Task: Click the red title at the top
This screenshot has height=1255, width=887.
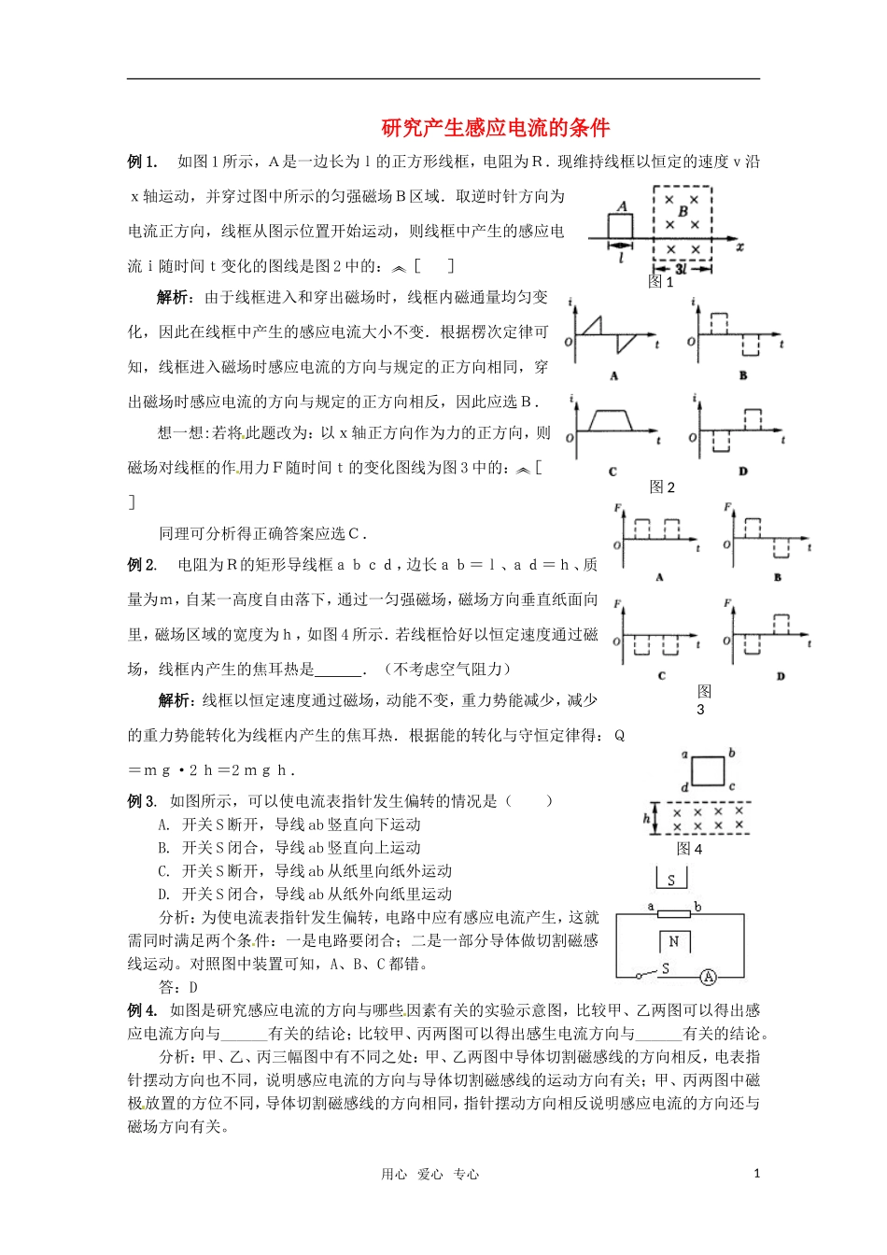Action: (x=495, y=128)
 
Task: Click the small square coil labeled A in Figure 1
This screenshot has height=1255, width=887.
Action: (x=620, y=227)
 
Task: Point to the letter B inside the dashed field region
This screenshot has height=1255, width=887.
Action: (x=683, y=212)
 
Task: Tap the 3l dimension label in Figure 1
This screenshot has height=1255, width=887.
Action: (x=681, y=268)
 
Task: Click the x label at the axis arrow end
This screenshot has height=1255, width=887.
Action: (x=739, y=247)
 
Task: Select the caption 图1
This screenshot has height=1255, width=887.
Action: (x=661, y=282)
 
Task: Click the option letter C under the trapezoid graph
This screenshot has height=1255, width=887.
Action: (x=612, y=472)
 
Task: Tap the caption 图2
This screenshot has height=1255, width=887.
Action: (x=662, y=486)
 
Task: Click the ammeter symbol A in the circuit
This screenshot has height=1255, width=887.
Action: (x=708, y=977)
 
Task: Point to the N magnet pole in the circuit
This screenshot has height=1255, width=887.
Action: (x=674, y=941)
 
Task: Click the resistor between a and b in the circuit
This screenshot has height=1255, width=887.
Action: (x=673, y=914)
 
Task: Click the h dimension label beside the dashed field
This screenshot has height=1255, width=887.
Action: (x=646, y=818)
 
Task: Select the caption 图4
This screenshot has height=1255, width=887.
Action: (x=689, y=848)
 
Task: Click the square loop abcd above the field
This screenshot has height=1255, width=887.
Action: (x=708, y=771)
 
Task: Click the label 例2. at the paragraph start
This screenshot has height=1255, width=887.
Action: (x=142, y=565)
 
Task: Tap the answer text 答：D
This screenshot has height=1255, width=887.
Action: (x=178, y=987)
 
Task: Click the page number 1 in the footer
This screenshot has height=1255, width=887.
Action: (x=756, y=1174)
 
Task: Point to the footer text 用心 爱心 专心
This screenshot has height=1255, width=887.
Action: (x=429, y=1175)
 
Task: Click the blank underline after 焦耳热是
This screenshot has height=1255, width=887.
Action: (x=339, y=670)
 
